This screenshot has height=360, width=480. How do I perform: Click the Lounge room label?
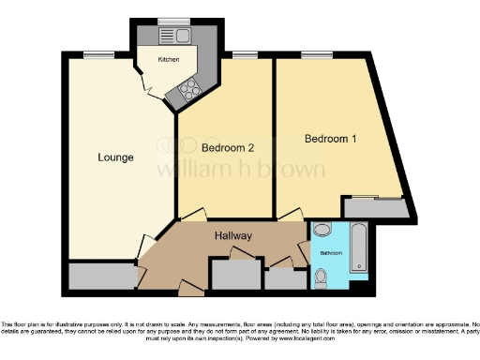(116, 157)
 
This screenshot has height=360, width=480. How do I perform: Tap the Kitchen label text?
(168, 59)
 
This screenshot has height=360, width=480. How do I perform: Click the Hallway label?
(232, 235)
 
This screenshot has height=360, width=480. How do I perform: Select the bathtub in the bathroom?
(358, 248)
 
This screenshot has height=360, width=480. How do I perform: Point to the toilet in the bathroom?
(322, 274)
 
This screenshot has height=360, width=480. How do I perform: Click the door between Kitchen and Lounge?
(146, 88)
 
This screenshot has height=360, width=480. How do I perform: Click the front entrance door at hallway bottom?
(188, 283)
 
